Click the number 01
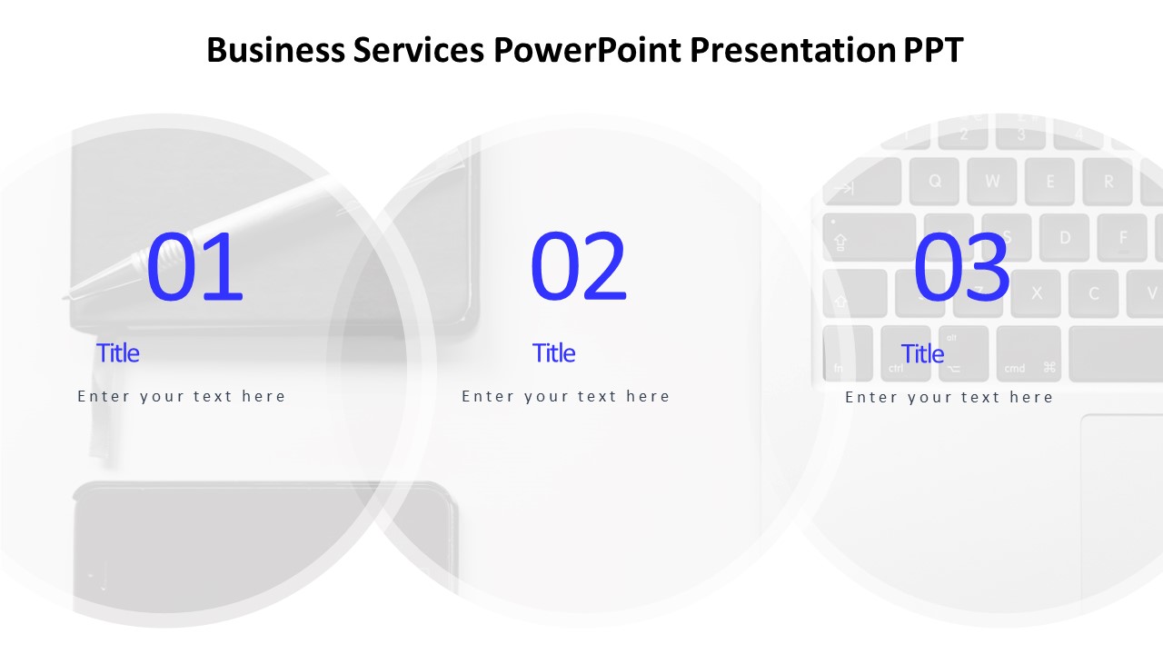pyautogui.click(x=194, y=267)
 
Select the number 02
pyautogui.click(x=579, y=267)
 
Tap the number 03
pyautogui.click(x=961, y=267)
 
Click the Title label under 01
pyautogui.click(x=118, y=352)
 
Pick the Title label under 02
pyautogui.click(x=554, y=352)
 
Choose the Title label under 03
pyautogui.click(x=922, y=353)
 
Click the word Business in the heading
pyautogui.click(x=275, y=50)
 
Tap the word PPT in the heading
pyautogui.click(x=933, y=50)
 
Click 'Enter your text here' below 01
pyautogui.click(x=182, y=396)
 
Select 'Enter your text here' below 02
pyautogui.click(x=566, y=396)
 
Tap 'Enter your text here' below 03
pyautogui.click(x=949, y=397)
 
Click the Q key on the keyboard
pyautogui.click(x=935, y=181)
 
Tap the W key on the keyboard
pyautogui.click(x=992, y=181)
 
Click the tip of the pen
pyautogui.click(x=69, y=295)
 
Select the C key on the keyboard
pyautogui.click(x=1094, y=292)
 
